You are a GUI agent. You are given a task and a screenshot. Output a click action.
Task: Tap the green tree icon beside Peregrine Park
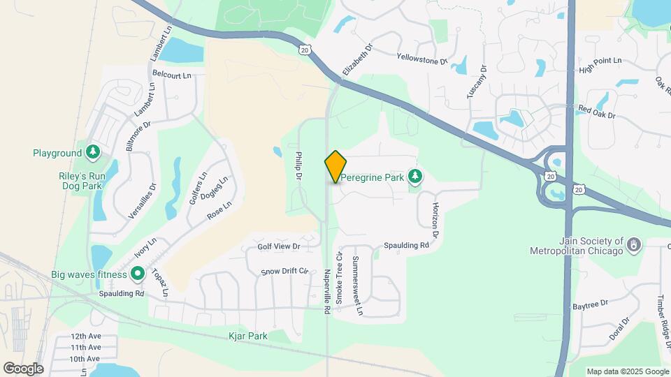[416, 177]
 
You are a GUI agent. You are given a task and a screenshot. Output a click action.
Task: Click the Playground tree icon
[93, 153]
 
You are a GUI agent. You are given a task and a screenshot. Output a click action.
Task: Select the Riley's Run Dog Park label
[82, 182]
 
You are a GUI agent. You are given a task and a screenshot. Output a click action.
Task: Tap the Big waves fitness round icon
[138, 274]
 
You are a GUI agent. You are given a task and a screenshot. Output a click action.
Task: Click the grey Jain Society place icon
[633, 245]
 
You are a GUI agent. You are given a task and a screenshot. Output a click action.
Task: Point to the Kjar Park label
[248, 337]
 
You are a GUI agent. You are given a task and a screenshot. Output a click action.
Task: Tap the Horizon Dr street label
[434, 221]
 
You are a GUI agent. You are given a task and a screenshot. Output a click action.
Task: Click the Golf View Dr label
[278, 246]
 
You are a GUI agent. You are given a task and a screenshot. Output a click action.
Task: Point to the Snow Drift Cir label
[284, 271]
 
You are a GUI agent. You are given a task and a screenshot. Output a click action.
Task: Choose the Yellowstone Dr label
[421, 59]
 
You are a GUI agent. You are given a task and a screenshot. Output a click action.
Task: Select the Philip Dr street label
[298, 168]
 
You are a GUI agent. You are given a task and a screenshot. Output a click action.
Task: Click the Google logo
[23, 369]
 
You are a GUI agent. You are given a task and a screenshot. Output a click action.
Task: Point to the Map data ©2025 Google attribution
[627, 371]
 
